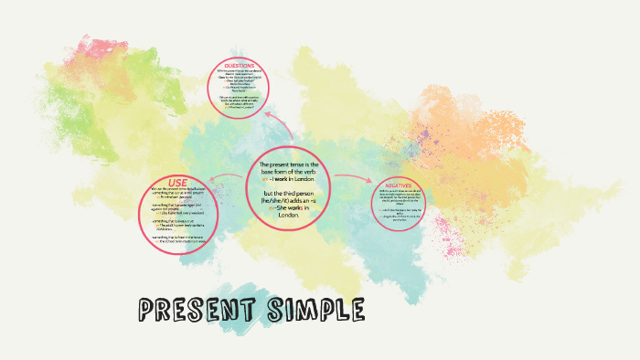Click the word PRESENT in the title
click(197, 312)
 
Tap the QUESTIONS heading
click(240, 66)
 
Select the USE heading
click(177, 182)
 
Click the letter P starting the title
click(147, 312)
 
